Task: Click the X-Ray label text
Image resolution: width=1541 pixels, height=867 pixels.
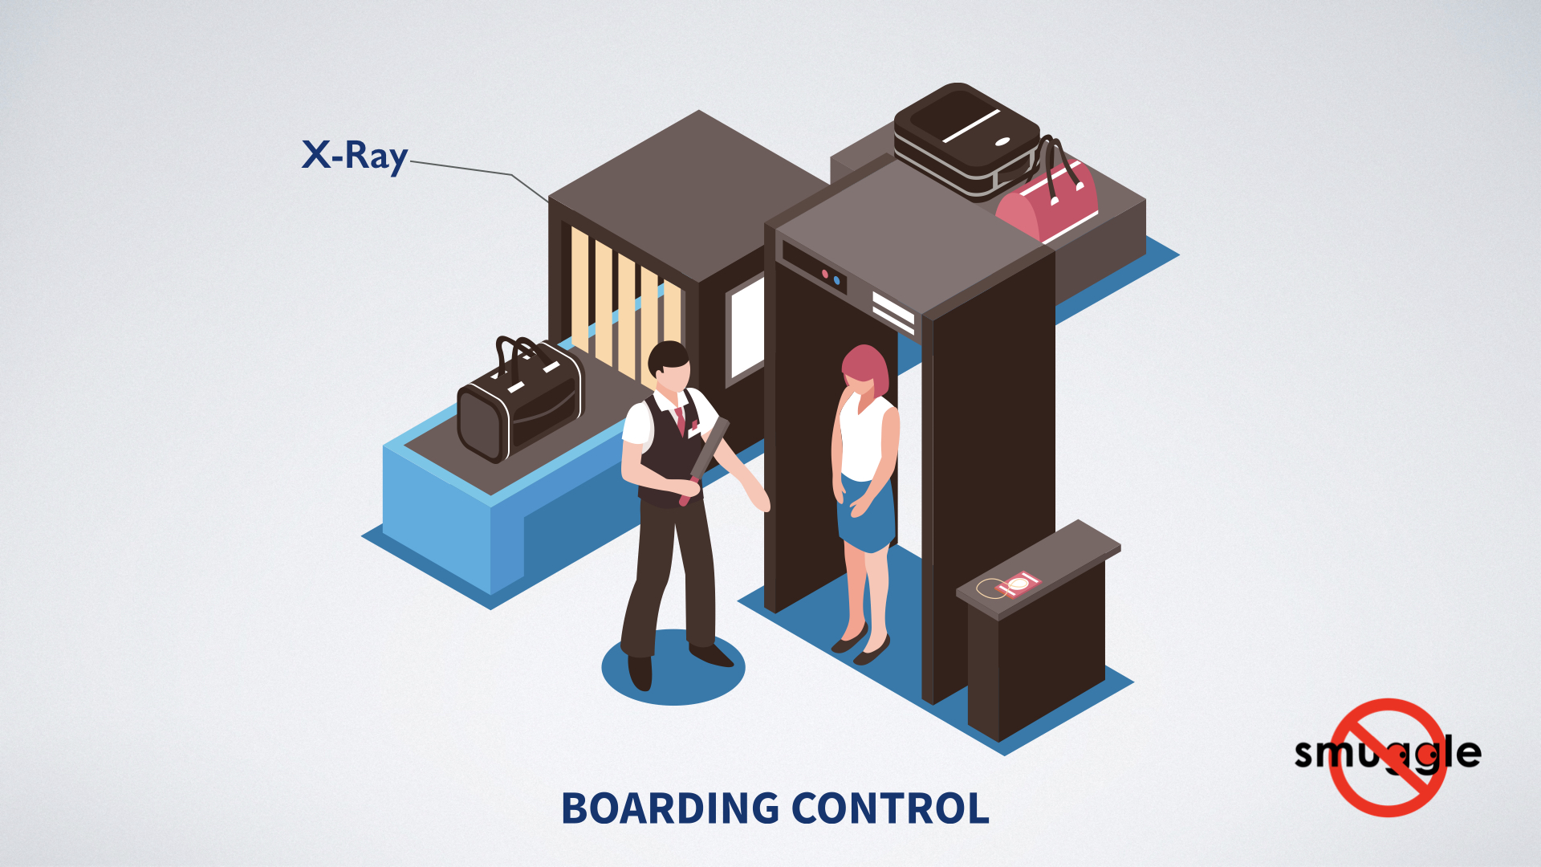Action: pos(354,156)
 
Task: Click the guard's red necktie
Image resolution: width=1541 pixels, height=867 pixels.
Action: pos(680,419)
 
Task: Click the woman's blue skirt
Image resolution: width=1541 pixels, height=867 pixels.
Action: pos(867,514)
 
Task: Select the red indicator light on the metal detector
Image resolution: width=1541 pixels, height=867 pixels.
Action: pos(824,275)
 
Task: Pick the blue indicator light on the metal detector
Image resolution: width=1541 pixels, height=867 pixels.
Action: pos(837,281)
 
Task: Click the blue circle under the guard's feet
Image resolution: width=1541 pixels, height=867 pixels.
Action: pos(673,670)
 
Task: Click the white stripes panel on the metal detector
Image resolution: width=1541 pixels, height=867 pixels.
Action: pos(892,311)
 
